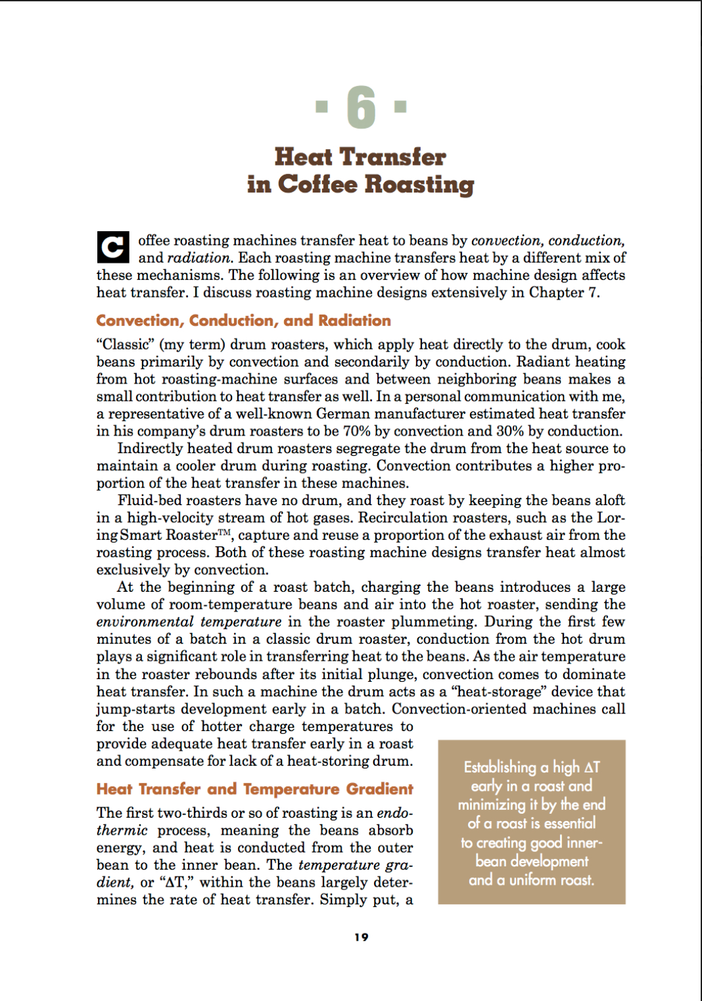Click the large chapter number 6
pos(361,108)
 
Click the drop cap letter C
pos(112,248)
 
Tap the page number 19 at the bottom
pos(361,937)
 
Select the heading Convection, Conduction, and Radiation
pos(243,321)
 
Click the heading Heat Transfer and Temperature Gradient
pos(254,789)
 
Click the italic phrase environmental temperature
pos(189,622)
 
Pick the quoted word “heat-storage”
pos(501,692)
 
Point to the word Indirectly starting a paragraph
pos(150,449)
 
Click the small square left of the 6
pos(321,105)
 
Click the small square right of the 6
pos(400,105)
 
